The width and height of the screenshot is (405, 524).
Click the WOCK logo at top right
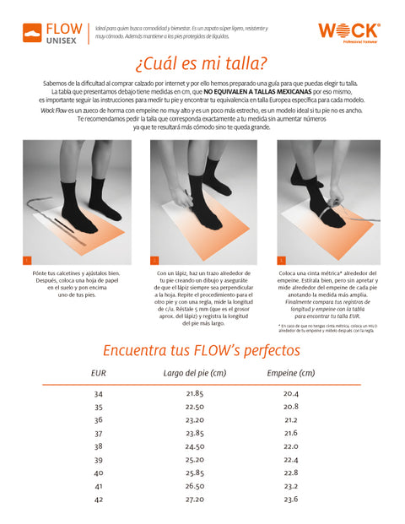[348, 31]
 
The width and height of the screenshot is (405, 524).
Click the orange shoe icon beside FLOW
[32, 33]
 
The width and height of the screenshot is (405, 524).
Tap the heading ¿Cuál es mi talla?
[202, 64]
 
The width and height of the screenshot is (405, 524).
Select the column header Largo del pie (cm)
[195, 373]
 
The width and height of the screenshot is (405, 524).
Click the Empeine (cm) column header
[290, 373]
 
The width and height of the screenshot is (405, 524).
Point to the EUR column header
[98, 373]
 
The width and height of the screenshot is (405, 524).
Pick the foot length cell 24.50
[195, 446]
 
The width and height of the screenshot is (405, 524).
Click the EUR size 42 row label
[98, 500]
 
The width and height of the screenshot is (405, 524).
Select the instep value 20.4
[291, 394]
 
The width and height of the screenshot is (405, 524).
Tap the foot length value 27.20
[195, 500]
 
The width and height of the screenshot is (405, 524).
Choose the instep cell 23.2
[291, 486]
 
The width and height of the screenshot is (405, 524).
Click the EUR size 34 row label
[98, 394]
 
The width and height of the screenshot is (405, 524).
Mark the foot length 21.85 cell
[195, 394]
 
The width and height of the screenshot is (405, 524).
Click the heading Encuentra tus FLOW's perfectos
[202, 350]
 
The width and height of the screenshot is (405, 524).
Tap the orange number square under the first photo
[27, 260]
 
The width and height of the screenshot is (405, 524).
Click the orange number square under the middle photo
[154, 260]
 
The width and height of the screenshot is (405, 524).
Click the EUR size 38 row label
[98, 446]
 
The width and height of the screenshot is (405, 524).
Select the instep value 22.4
[291, 460]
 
